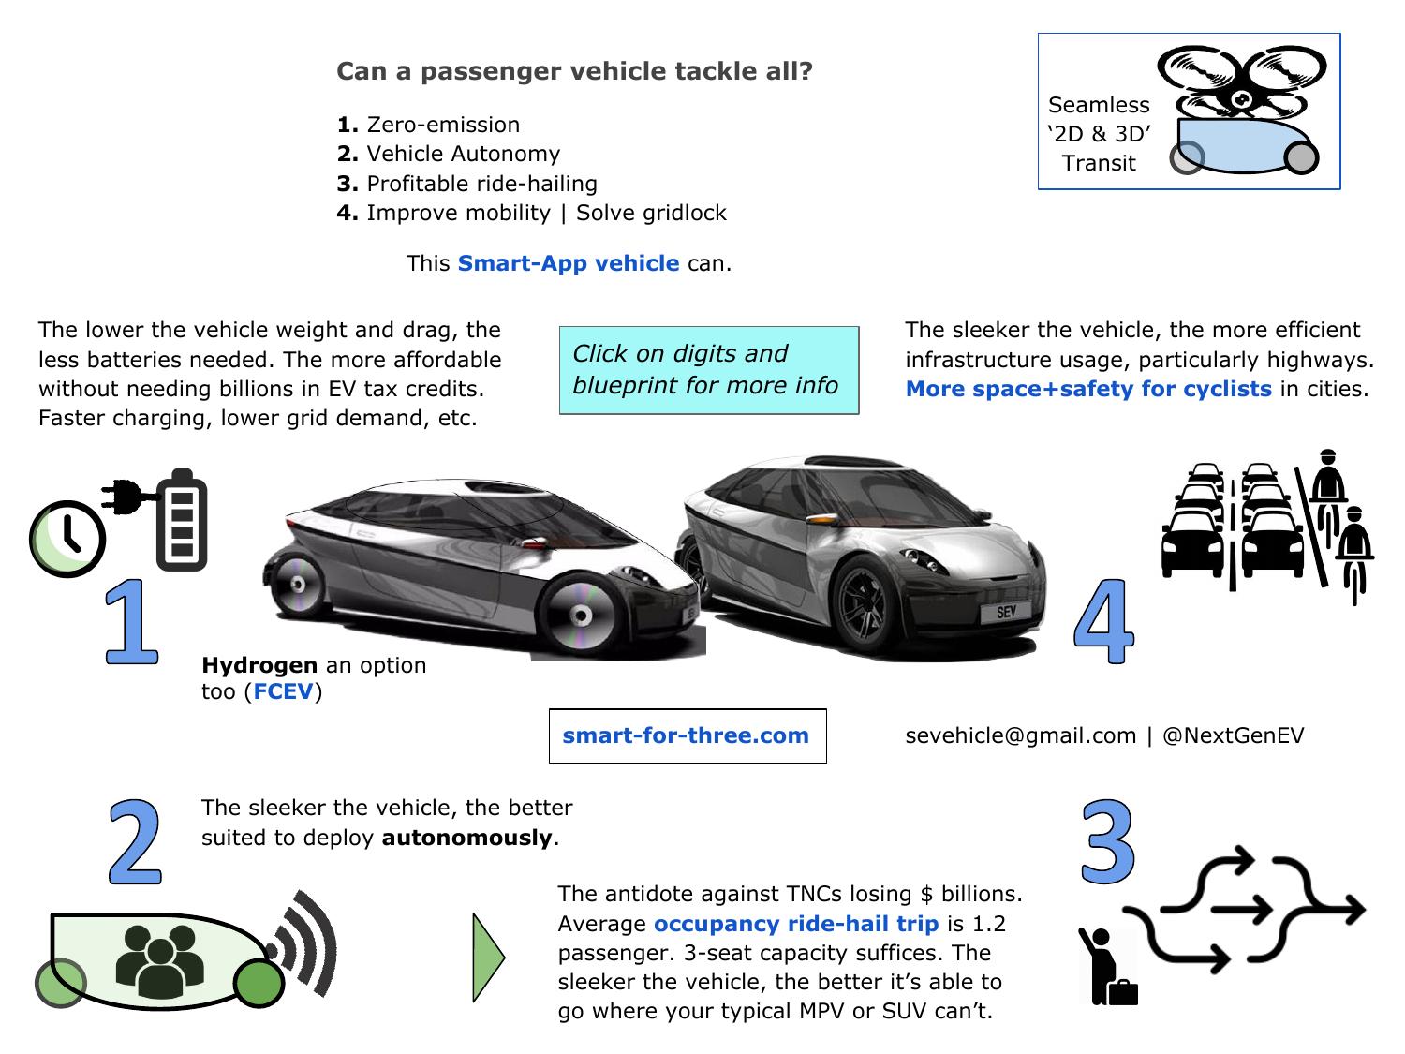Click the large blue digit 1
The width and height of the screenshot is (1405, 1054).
pyautogui.click(x=131, y=622)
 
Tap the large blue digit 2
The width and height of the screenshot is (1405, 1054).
pyautogui.click(x=137, y=841)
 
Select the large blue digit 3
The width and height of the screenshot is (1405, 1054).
pyautogui.click(x=1108, y=840)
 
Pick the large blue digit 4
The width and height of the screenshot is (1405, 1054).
pyautogui.click(x=1104, y=622)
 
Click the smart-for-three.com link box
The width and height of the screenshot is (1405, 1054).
pyautogui.click(x=687, y=735)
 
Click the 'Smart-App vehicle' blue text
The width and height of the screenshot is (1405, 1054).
pyautogui.click(x=568, y=263)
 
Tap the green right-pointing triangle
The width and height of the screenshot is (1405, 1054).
pyautogui.click(x=488, y=958)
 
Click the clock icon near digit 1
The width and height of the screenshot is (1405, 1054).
pyautogui.click(x=67, y=538)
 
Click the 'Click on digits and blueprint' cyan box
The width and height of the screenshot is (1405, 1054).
pyautogui.click(x=708, y=370)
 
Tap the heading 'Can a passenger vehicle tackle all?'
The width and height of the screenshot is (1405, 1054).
pyautogui.click(x=574, y=71)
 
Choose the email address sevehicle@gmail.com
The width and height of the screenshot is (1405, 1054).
pyautogui.click(x=1020, y=735)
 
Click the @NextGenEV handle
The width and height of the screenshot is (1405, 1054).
pyautogui.click(x=1233, y=735)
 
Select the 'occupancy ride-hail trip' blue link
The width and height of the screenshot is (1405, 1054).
pyautogui.click(x=795, y=924)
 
